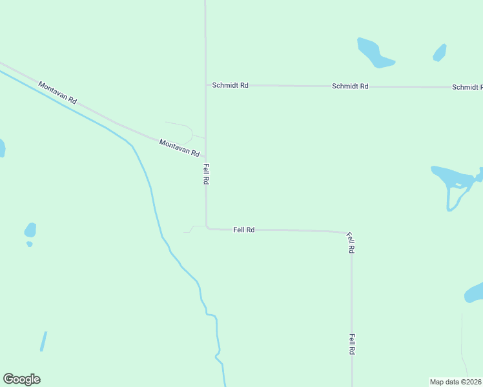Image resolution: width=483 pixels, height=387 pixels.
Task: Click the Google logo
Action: pos(21,379)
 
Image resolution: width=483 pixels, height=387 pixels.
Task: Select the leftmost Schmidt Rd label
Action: pos(230,85)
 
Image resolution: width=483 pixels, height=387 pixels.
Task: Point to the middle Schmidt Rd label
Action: pos(350,86)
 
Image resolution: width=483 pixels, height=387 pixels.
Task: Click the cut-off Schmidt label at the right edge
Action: pos(467,87)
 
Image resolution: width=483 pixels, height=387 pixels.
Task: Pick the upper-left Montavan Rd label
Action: pos(57,92)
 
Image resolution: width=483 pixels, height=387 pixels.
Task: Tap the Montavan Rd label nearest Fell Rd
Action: pos(179,148)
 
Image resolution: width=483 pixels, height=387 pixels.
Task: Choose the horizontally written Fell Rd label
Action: pos(243,230)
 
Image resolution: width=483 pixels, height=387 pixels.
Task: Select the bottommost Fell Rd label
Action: pos(352,344)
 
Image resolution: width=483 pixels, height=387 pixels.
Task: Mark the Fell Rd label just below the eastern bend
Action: pos(351,243)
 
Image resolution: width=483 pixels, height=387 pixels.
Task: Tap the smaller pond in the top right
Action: pos(440,52)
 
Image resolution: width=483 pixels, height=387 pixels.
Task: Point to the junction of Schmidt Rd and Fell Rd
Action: pos(206,84)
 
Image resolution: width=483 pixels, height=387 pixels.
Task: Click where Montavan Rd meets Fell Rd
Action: pos(206,157)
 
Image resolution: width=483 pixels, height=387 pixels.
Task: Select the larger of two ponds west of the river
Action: pos(30,230)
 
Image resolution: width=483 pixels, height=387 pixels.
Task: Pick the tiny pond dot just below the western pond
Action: pos(30,244)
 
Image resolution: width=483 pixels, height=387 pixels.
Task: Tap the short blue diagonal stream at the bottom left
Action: pos(43,341)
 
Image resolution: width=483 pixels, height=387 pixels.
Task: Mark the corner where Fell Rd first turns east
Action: pos(207,227)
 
